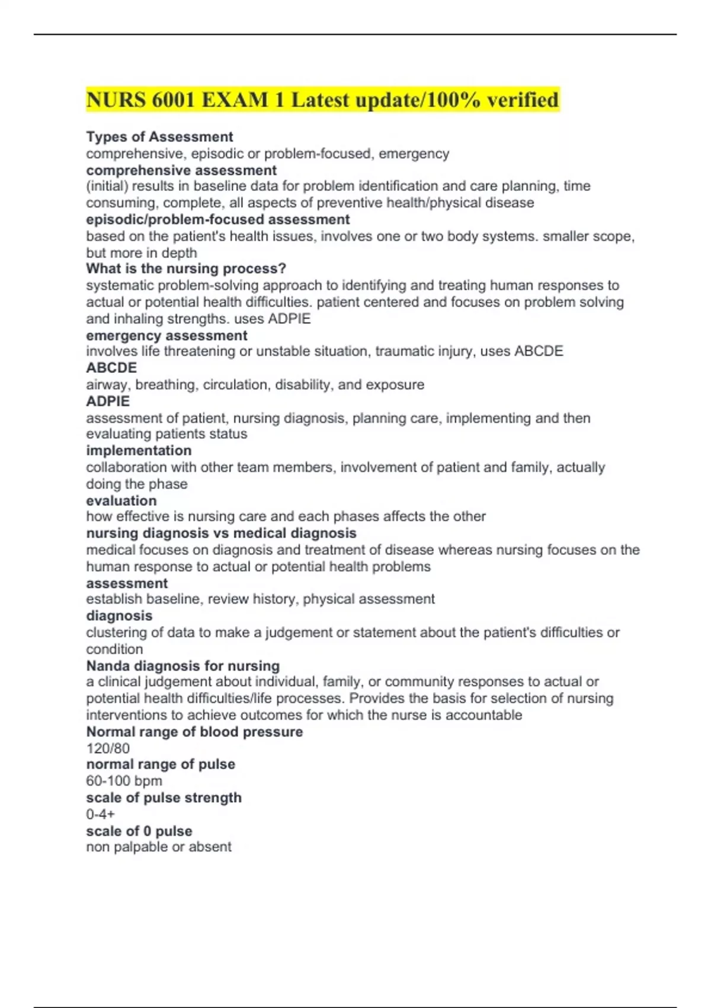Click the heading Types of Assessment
click(x=159, y=137)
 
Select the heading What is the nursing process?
click(x=186, y=269)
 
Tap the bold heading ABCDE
click(x=111, y=368)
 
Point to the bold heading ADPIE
click(x=108, y=401)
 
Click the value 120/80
click(x=108, y=748)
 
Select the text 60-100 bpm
click(x=124, y=781)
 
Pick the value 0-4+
click(x=101, y=814)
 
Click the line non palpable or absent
click(x=159, y=847)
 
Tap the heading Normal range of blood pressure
click(x=194, y=732)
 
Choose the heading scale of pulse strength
click(x=164, y=798)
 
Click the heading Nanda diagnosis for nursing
click(x=182, y=666)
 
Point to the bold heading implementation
click(x=139, y=451)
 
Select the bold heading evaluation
click(x=121, y=500)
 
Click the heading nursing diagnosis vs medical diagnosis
click(x=221, y=533)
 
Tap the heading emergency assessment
click(x=166, y=336)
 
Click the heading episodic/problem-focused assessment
click(x=217, y=219)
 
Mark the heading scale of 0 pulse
click(x=139, y=831)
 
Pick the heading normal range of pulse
click(x=161, y=764)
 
